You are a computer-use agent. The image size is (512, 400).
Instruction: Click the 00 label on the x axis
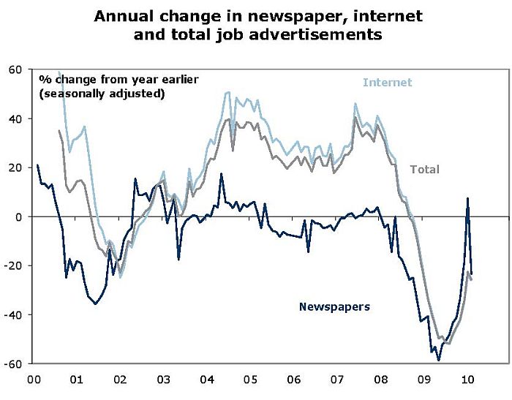(x=33, y=380)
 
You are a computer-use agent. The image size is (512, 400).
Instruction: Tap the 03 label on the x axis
(x=163, y=380)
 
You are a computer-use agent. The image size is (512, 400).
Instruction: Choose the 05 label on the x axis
(x=249, y=380)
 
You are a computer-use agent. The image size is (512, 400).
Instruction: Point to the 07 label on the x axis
(x=336, y=380)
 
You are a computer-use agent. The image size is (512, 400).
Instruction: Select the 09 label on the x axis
(x=423, y=380)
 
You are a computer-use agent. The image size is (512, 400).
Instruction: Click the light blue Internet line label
(x=388, y=83)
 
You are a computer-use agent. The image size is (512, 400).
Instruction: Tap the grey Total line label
(x=424, y=169)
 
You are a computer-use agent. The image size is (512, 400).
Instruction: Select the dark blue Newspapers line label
(x=334, y=306)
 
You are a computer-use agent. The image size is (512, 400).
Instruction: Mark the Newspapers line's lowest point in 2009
(x=439, y=360)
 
